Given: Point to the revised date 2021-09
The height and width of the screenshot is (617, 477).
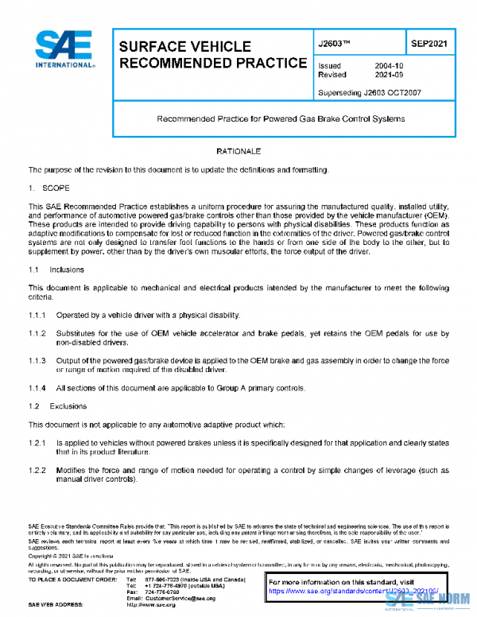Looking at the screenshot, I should [389, 74].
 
